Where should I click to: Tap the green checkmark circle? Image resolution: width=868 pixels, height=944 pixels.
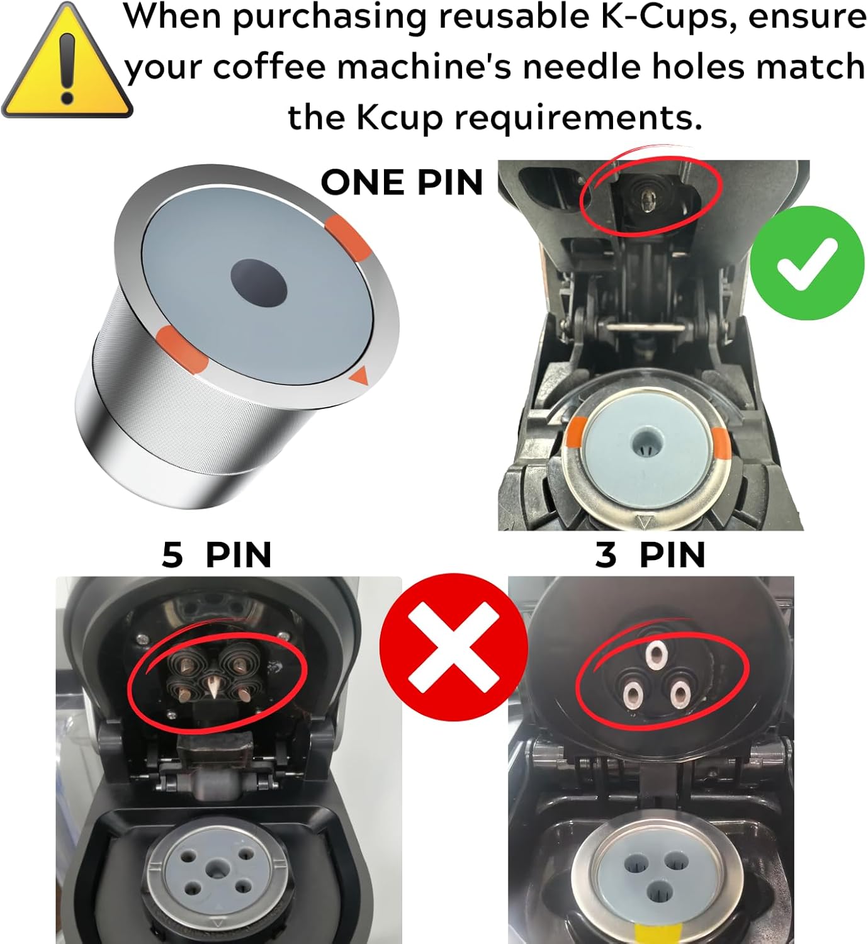(x=807, y=262)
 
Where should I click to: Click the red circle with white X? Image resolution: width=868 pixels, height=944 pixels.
(x=453, y=646)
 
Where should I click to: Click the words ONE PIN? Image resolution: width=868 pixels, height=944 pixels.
(x=402, y=183)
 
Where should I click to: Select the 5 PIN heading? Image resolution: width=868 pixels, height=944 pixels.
(x=217, y=554)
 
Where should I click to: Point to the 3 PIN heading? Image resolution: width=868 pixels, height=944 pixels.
(x=650, y=554)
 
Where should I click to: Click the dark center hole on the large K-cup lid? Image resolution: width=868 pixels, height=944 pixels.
(x=259, y=283)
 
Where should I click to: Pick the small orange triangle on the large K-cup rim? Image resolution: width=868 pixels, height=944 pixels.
(x=358, y=377)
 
